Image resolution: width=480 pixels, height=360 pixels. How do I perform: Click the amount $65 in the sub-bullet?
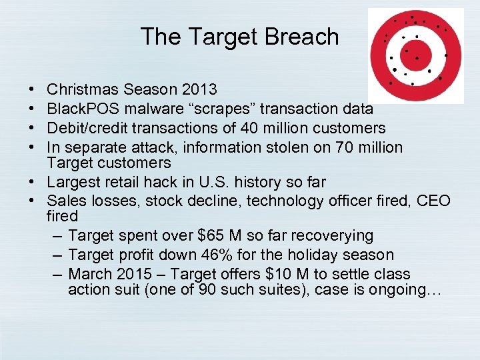click(212, 236)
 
